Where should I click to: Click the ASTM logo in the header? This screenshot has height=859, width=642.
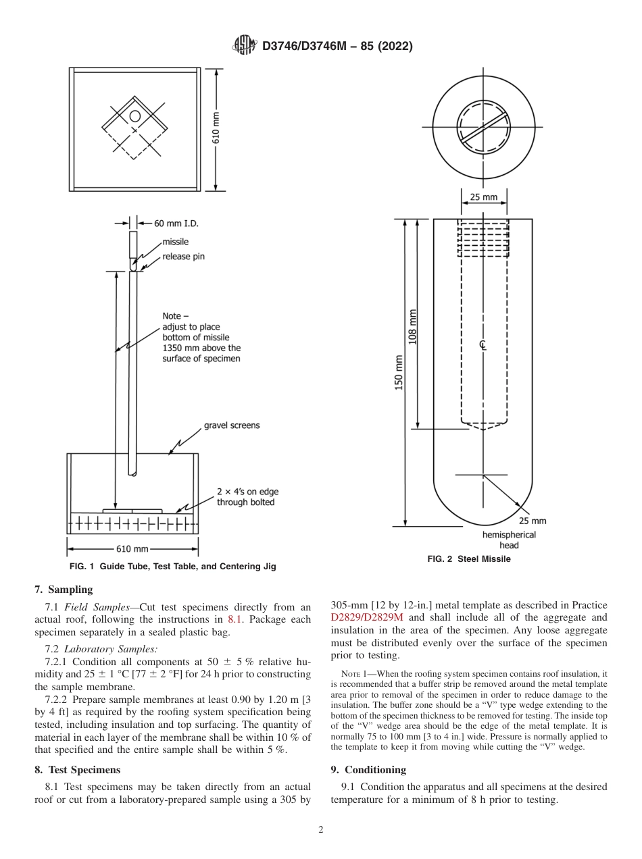[x=245, y=46]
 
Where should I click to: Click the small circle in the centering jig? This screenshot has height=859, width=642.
[x=135, y=116]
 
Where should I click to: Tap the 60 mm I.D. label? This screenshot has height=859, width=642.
[x=176, y=223]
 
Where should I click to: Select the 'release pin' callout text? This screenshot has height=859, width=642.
[x=183, y=257]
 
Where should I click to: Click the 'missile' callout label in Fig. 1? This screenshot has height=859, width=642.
[x=175, y=242]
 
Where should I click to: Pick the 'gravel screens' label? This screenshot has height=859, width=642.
[x=232, y=425]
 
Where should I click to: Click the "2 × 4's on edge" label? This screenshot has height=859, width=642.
[x=247, y=492]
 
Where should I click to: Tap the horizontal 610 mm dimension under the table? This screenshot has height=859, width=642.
[x=132, y=549]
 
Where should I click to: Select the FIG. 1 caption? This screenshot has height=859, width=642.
[x=172, y=567]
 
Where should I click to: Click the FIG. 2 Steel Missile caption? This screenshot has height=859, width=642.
[x=469, y=558]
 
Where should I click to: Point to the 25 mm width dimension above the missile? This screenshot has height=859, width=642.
[x=483, y=197]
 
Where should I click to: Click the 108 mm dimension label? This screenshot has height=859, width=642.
[x=413, y=326]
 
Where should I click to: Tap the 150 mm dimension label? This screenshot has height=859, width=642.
[x=399, y=372]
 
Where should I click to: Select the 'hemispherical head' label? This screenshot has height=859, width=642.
[x=509, y=540]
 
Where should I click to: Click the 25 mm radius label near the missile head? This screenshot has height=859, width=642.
[x=533, y=521]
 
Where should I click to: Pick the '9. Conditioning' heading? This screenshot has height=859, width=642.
[x=368, y=769]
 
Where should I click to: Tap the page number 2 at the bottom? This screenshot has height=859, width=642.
[x=321, y=830]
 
